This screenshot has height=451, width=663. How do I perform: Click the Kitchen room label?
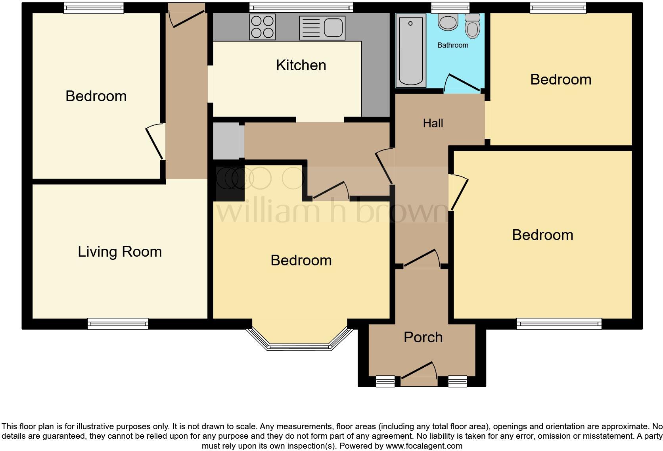click(x=301, y=65)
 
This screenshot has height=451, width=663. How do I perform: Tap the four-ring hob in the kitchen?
click(x=262, y=27)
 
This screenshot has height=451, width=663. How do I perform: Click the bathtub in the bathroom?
click(x=410, y=50)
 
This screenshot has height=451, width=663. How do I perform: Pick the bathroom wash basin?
click(x=448, y=22)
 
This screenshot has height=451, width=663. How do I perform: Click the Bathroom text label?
click(x=452, y=45)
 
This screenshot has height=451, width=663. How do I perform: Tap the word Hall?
click(x=433, y=123)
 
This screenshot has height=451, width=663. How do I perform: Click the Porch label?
click(x=423, y=338)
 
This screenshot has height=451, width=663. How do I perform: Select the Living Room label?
click(x=120, y=252)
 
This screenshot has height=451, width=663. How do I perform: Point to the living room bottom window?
click(x=118, y=324)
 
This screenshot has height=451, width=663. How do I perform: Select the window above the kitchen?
click(x=301, y=7)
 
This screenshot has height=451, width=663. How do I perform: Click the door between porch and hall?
click(x=422, y=259)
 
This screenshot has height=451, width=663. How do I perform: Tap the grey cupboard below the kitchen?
click(x=228, y=141)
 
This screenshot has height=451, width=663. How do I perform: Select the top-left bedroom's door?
click(x=155, y=142)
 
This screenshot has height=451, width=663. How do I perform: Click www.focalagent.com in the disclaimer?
click(x=423, y=446)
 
